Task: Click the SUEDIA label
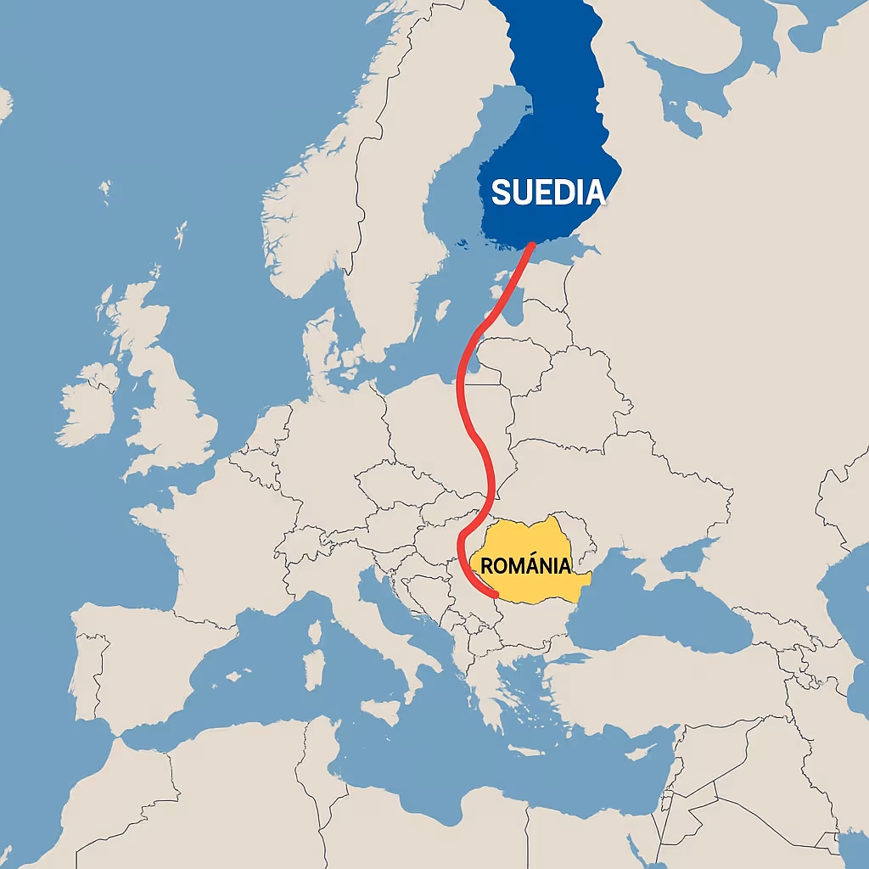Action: point(548,193)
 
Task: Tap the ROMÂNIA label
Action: point(525,565)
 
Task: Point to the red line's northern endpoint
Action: point(531,245)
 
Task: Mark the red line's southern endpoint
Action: point(495,594)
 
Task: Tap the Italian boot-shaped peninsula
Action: point(399,636)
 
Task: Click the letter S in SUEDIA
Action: point(501,193)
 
